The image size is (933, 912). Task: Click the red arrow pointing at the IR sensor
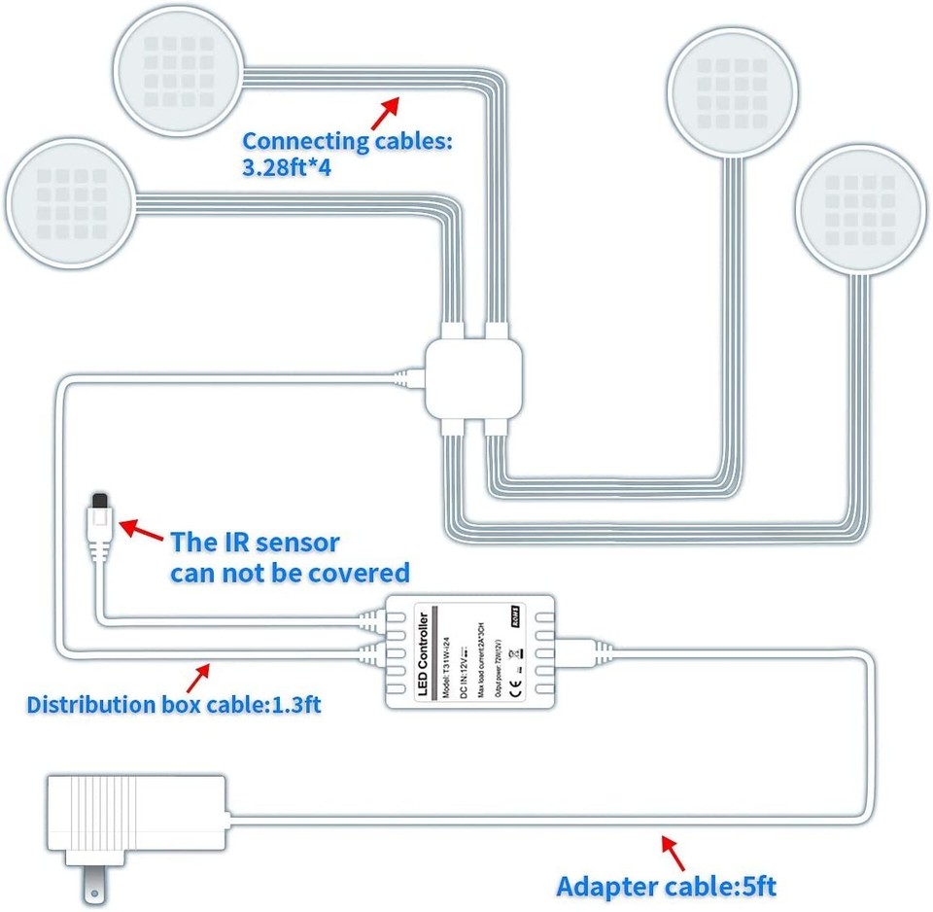click(140, 531)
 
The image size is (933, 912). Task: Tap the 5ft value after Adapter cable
click(756, 886)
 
